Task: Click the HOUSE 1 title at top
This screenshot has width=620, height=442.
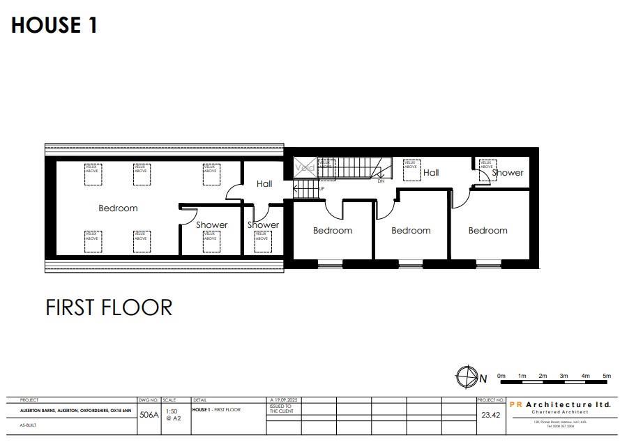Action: [54, 25]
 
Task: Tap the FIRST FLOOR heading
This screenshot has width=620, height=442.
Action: [109, 307]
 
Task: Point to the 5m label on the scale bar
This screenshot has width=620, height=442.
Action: [607, 376]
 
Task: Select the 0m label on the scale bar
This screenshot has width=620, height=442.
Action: [501, 376]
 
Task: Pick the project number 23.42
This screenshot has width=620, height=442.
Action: [490, 414]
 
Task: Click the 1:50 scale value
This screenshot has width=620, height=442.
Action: [172, 411]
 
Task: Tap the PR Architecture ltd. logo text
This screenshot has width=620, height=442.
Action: [561, 404]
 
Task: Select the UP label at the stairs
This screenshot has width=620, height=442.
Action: [322, 189]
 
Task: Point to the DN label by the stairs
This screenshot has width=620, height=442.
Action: [381, 181]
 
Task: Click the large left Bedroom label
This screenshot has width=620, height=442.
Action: [118, 208]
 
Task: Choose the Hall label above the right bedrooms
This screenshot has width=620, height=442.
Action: [431, 172]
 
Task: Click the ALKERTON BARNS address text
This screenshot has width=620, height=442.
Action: [77, 411]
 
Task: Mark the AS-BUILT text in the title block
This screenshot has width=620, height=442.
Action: [29, 424]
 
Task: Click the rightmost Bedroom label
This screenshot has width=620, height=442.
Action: [487, 231]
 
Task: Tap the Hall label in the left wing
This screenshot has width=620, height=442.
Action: [264, 184]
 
